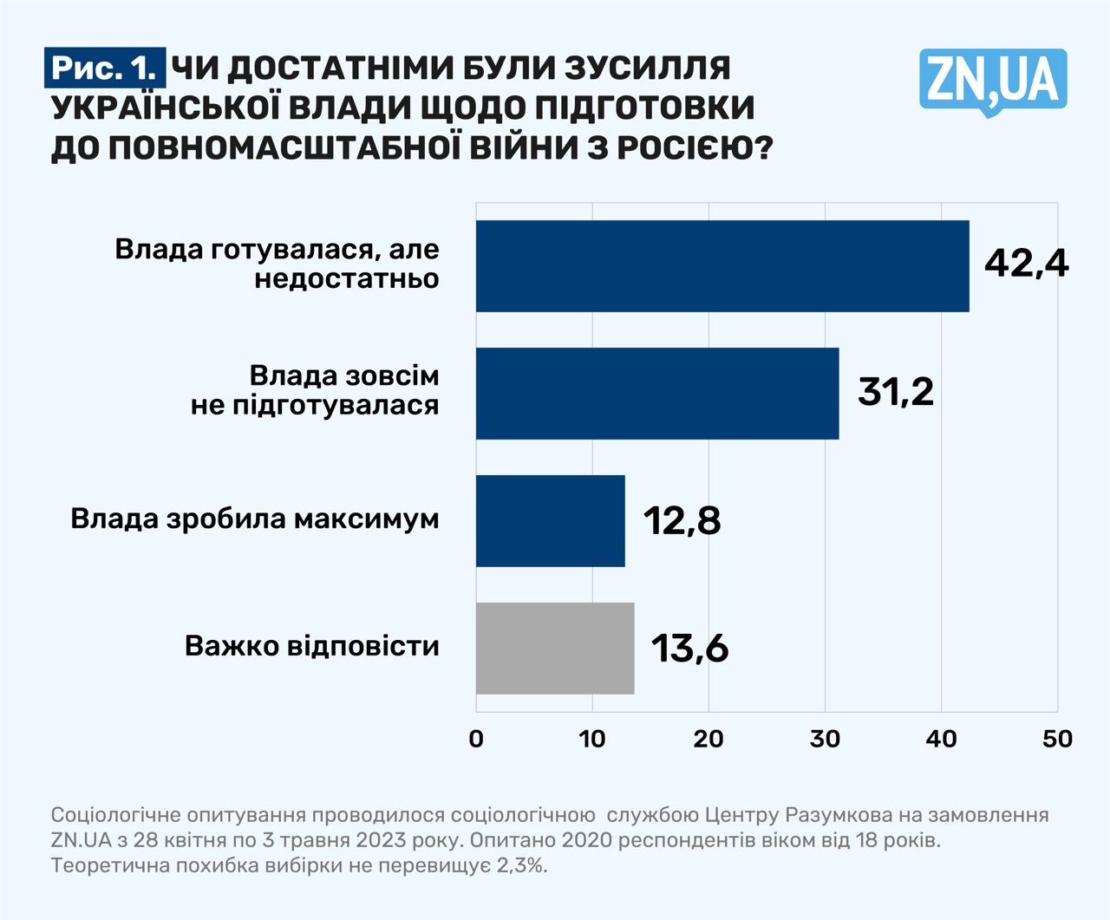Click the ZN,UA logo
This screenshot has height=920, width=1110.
pyautogui.click(x=993, y=81)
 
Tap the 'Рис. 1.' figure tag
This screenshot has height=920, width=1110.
pyautogui.click(x=104, y=69)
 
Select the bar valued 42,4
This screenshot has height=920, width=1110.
pyautogui.click(x=721, y=266)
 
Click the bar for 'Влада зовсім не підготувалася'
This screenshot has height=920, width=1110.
pyautogui.click(x=656, y=394)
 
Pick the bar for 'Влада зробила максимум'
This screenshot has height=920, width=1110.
pyautogui.click(x=550, y=521)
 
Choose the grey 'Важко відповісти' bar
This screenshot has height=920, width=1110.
pyautogui.click(x=555, y=649)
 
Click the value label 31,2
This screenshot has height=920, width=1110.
pyautogui.click(x=896, y=391)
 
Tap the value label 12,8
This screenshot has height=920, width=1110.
pyautogui.click(x=682, y=520)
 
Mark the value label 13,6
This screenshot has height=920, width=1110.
pyautogui.click(x=689, y=648)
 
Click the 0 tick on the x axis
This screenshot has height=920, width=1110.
pyautogui.click(x=476, y=739)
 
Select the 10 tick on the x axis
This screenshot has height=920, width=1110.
pyautogui.click(x=592, y=739)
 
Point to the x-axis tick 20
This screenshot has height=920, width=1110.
pyautogui.click(x=708, y=739)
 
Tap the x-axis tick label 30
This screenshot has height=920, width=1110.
pyautogui.click(x=825, y=739)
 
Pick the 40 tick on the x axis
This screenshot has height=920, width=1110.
pyautogui.click(x=942, y=739)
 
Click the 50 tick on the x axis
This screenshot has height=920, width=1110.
pyautogui.click(x=1057, y=739)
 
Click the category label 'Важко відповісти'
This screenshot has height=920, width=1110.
pyautogui.click(x=311, y=646)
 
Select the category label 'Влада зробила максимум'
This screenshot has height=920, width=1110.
pyautogui.click(x=255, y=519)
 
